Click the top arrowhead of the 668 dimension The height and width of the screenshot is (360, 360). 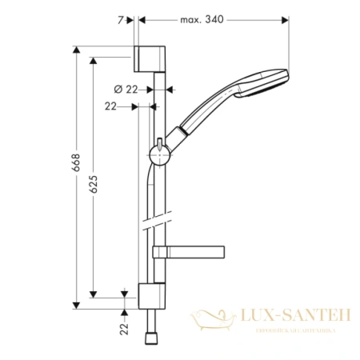(x=76, y=51)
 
